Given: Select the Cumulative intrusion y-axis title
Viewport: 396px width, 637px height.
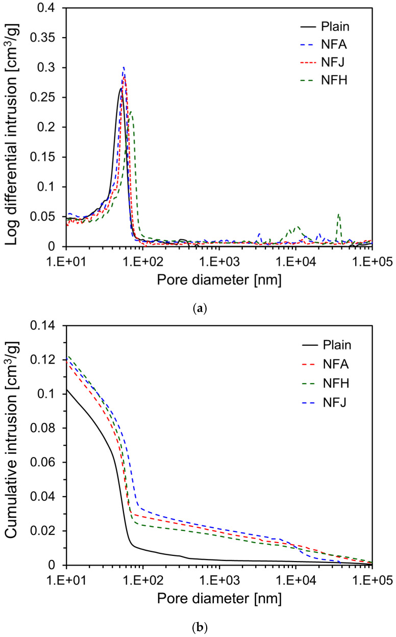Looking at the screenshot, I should (x=13, y=445).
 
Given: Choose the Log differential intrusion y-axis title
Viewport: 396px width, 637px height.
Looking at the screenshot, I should (x=13, y=127).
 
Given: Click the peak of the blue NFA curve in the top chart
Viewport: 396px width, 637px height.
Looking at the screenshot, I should (x=123, y=67).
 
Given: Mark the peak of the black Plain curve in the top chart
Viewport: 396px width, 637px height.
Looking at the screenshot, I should (x=121, y=88).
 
